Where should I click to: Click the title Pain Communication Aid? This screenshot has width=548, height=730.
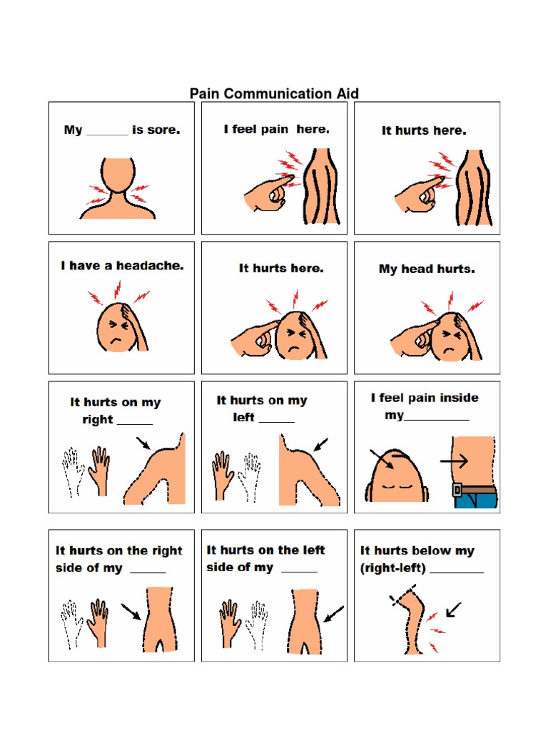[x=273, y=93]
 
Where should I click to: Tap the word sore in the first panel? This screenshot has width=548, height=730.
[x=165, y=130]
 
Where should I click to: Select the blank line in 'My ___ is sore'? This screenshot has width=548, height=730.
[x=107, y=133]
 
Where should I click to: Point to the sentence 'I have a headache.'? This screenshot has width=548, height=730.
[x=122, y=265]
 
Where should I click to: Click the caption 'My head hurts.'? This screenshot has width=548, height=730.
[x=427, y=269]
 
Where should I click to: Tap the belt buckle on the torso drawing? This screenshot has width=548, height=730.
[x=457, y=490]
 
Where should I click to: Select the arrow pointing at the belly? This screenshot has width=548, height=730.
[x=453, y=461]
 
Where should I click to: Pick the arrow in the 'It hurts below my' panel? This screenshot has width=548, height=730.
[x=453, y=610]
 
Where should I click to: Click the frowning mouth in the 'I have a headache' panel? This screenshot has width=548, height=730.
[x=113, y=340]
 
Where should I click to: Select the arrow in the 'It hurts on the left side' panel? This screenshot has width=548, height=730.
[x=333, y=613]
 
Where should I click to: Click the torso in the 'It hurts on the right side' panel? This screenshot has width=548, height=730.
[x=158, y=617]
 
